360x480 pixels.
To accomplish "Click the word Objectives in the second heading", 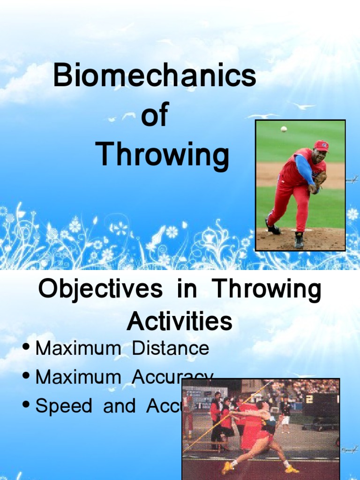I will pyautogui.click(x=100, y=290).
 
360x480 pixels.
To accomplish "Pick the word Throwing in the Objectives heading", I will pyautogui.click(x=267, y=290).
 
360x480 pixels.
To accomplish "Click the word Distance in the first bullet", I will pyautogui.click(x=171, y=348).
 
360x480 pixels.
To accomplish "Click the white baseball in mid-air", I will pyautogui.click(x=284, y=129).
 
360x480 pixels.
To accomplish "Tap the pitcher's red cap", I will pyautogui.click(x=321, y=145).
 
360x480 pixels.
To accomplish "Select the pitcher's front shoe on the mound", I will pyautogui.click(x=299, y=240).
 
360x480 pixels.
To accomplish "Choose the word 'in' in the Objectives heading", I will pyautogui.click(x=187, y=290).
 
